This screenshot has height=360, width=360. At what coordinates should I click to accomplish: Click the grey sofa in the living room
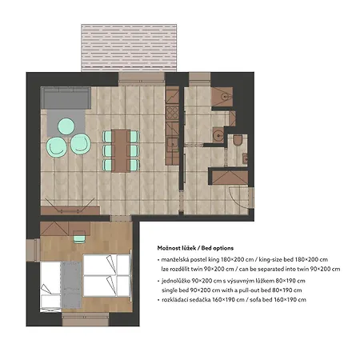[x=66, y=98]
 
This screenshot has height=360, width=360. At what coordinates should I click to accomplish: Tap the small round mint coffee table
[x=66, y=126]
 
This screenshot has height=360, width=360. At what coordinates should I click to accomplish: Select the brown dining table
[x=121, y=150]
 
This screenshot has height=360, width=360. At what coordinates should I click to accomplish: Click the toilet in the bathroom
[x=238, y=140]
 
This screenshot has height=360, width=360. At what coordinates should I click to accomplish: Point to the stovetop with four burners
[x=172, y=113]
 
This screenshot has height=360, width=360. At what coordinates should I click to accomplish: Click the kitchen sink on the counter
[x=173, y=144]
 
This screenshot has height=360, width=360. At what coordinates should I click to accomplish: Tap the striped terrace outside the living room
[x=129, y=48]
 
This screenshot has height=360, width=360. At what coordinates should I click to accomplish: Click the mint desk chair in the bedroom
[x=79, y=237]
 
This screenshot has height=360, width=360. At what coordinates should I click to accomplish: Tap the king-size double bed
[x=106, y=275]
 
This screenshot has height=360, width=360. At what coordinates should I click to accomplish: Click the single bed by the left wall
[x=50, y=286]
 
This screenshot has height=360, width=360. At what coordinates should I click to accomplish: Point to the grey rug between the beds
[x=71, y=285]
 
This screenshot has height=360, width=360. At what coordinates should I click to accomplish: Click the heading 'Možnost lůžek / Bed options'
[x=195, y=248]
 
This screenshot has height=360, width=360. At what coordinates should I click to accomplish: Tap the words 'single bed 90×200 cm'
[x=191, y=290]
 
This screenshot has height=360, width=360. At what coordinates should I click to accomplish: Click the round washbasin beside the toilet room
[x=218, y=134]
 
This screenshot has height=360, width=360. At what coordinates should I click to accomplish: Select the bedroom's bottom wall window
[x=86, y=319]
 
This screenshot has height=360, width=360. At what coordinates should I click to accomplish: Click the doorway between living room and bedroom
[x=121, y=218]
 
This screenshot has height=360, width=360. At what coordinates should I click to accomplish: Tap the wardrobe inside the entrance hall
[x=230, y=178]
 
